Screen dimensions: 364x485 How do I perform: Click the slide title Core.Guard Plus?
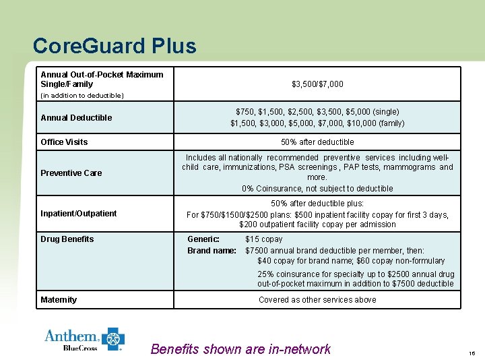pos(115,46)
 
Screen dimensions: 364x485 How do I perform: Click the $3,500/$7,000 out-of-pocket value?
pos(317,84)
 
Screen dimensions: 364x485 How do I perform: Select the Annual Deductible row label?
pos(76,118)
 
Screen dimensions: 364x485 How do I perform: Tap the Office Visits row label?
pos(64,142)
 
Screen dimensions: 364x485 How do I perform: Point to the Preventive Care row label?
pos(71,173)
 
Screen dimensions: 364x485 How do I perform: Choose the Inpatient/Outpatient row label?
pos(78,214)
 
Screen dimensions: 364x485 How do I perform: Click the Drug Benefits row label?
pos(67,239)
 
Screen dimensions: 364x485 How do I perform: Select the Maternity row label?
pos(59,300)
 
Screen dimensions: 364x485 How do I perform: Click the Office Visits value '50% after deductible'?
pos(317,142)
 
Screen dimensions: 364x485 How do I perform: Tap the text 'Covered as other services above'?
pos(317,300)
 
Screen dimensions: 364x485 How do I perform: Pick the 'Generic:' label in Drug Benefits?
pos(203,239)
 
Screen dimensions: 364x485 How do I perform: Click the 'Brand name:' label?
pos(212,251)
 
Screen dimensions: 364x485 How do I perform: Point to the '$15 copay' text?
pos(264,239)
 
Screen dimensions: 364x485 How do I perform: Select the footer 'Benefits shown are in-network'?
pos(240,349)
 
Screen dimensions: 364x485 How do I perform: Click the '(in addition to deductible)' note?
pos(82,96)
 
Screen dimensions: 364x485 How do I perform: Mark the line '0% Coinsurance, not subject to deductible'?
pos(317,189)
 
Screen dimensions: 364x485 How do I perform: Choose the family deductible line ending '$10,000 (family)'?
pos(317,123)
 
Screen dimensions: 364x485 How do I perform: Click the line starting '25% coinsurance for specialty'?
pos(356,274)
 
